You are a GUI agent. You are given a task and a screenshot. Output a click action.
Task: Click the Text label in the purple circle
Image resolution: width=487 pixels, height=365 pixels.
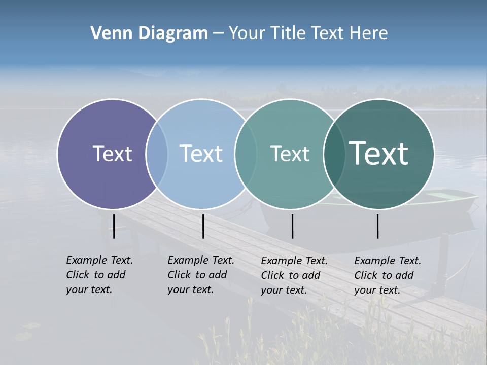112,154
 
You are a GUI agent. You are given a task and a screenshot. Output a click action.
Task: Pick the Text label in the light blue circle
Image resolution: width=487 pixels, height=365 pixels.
201,154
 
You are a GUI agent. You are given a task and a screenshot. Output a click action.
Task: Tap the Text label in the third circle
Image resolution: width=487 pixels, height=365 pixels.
290,154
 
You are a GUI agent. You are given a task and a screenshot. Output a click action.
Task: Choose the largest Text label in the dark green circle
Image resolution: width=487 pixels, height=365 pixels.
378,153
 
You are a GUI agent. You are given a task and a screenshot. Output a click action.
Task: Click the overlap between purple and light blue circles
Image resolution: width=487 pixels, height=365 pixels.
157,154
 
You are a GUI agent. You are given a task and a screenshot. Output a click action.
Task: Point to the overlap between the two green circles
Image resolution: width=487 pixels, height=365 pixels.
334,154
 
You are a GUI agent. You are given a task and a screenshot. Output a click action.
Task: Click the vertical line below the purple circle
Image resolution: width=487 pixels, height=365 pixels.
114,226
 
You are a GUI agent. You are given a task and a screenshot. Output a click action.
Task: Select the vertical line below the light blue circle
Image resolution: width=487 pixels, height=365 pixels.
203,226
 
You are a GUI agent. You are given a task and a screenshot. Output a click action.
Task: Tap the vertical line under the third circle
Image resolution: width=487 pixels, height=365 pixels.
292,226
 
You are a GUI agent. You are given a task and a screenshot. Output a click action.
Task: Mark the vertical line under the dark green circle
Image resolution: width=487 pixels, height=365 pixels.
377,226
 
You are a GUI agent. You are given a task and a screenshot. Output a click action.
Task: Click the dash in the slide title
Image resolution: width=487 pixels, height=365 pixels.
218,33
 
